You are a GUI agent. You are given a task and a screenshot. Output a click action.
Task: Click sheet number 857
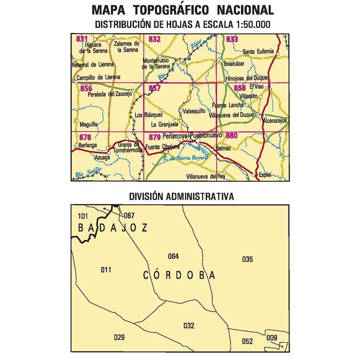[154, 88]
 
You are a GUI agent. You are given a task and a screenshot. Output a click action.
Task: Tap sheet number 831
[81, 39]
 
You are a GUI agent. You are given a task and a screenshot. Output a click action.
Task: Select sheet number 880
[232, 136]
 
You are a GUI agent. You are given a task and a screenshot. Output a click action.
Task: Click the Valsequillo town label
[194, 111]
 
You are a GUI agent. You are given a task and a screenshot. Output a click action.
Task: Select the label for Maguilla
[88, 124]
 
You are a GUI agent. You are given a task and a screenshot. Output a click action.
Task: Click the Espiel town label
[265, 175]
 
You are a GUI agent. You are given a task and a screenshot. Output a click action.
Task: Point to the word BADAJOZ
[113, 228]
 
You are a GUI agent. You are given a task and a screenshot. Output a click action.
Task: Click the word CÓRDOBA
[179, 275]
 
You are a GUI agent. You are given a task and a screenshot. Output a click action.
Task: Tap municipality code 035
[247, 259]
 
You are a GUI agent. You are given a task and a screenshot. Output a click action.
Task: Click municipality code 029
[119, 337]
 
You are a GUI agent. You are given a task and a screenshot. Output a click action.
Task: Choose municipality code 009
[272, 338]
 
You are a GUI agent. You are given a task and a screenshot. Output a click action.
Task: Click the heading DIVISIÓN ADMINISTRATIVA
[181, 197]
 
